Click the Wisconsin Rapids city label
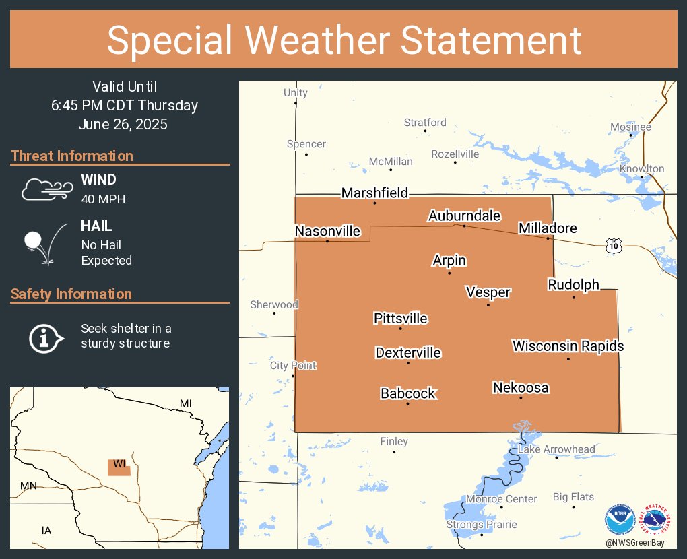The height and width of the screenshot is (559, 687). (568, 346)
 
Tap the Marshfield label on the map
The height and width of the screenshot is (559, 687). (374, 193)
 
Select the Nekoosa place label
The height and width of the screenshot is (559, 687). (521, 388)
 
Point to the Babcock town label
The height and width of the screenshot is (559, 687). (407, 393)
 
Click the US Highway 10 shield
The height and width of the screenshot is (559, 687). (612, 246)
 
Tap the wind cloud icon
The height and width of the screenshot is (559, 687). (46, 189)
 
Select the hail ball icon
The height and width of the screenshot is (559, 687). (33, 240)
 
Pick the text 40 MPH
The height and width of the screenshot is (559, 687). (103, 199)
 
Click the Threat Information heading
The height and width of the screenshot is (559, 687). (72, 156)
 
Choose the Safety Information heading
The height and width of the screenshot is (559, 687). (71, 294)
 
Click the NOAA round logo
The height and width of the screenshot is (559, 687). (620, 521)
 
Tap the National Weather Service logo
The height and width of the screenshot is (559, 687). (657, 521)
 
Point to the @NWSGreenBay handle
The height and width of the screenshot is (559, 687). (638, 542)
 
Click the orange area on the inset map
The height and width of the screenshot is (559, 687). (119, 467)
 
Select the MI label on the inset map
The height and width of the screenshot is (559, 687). (185, 403)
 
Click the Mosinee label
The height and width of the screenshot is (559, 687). (630, 127)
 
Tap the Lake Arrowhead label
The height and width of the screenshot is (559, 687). (556, 449)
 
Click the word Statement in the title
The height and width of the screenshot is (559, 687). (491, 40)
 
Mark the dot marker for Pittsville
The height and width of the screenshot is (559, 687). (401, 329)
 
